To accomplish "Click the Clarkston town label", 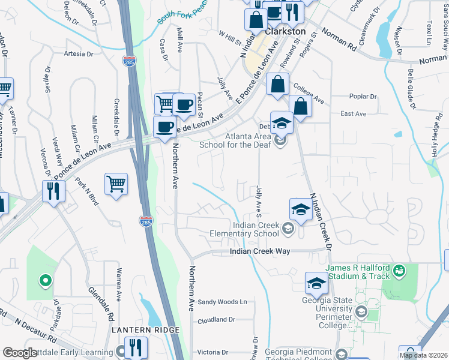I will pos(286,31).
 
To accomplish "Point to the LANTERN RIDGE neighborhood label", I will pos(145,331).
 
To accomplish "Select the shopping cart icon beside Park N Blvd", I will pos(116,184).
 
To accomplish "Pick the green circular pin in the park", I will pos(44,280).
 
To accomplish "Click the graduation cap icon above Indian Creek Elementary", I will pos(301,209).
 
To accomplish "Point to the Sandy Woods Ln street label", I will pos(223,302).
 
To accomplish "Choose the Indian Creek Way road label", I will pos(260,251).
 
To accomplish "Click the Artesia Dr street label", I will pos(79,53).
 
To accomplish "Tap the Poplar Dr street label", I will pos(363,96).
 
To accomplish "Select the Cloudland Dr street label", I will pos(216,320).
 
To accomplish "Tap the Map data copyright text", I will pos(424,355).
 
